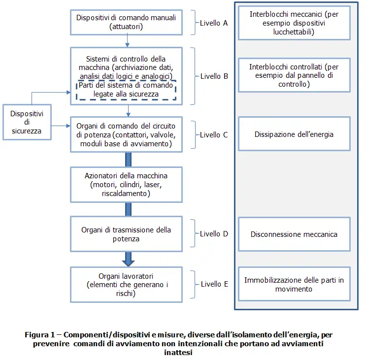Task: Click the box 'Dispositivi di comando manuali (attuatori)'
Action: tap(126, 22)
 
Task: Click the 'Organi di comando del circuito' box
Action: tap(126, 133)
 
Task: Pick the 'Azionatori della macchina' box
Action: tap(126, 185)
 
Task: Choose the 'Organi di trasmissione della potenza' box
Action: tap(126, 234)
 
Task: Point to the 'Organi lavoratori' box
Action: tap(126, 284)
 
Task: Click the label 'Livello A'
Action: tap(214, 23)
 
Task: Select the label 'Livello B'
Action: tap(214, 76)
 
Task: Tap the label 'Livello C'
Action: tap(214, 134)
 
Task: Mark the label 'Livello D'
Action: tap(214, 234)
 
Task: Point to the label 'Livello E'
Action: tap(214, 284)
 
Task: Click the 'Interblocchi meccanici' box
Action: tap(294, 23)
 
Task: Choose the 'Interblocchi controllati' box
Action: tap(294, 75)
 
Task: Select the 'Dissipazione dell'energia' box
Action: tap(294, 134)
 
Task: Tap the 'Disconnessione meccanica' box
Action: tap(294, 234)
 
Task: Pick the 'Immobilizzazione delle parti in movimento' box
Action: tap(294, 284)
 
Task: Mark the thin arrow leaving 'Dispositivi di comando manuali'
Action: tap(128, 40)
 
